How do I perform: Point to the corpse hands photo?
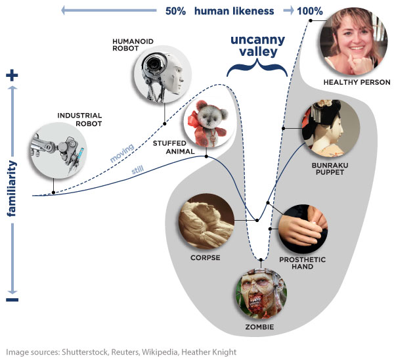tap(206, 220)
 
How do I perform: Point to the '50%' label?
tap(176, 11)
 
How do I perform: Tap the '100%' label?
tap(309, 11)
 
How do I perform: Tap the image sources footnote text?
tap(121, 352)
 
